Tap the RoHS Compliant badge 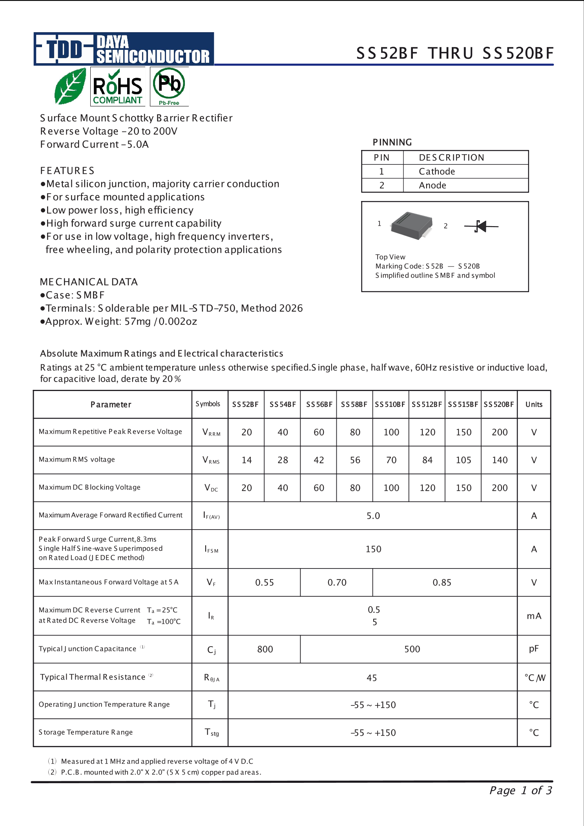(118, 86)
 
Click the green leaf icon (70, 86)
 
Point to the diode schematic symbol (481, 227)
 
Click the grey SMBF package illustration (412, 225)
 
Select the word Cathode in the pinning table (437, 172)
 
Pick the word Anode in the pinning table (433, 185)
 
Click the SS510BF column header (390, 404)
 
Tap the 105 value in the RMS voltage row (464, 460)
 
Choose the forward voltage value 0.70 (337, 583)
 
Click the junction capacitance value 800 (265, 649)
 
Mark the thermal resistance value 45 (372, 678)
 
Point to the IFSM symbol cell (211, 549)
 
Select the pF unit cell (534, 649)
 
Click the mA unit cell (534, 616)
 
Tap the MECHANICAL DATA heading (89, 282)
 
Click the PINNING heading (392, 142)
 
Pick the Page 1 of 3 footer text (520, 790)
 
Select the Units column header (534, 404)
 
